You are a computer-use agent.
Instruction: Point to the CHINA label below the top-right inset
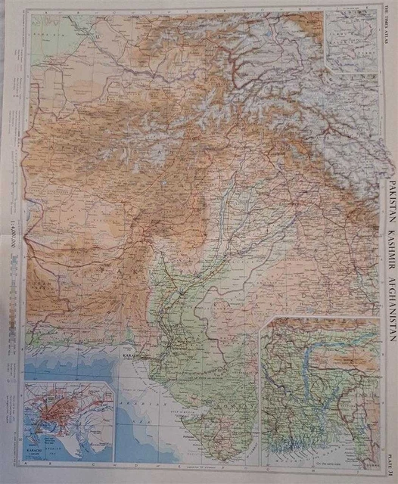click(356, 83)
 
